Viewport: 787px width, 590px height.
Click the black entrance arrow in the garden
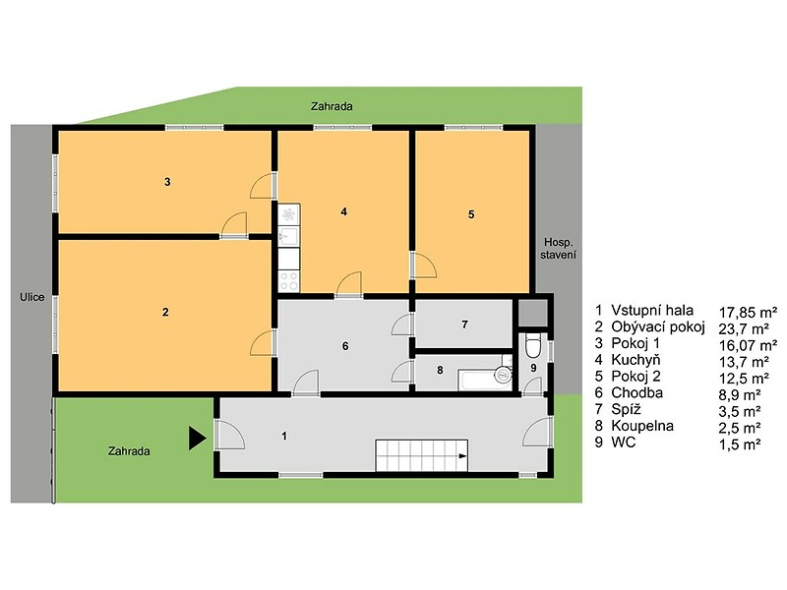tap(197, 438)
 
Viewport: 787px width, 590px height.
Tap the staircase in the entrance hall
tap(422, 456)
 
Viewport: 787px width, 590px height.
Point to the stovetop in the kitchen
tap(289, 281)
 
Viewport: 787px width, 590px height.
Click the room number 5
tap(471, 214)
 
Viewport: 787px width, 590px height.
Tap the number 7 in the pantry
tap(464, 324)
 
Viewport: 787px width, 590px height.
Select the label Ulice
tap(32, 297)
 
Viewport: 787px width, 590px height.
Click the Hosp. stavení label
tap(558, 249)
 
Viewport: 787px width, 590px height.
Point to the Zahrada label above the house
tap(332, 106)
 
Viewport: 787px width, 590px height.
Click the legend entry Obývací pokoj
tap(658, 326)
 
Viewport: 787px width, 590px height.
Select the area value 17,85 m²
tap(748, 313)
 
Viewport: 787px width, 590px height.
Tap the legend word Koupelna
tap(642, 426)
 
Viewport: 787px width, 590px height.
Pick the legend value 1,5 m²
tap(740, 444)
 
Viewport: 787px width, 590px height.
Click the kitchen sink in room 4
tap(289, 236)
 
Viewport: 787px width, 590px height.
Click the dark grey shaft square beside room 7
tap(532, 313)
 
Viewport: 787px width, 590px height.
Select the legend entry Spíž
tap(626, 409)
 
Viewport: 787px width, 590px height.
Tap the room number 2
tap(165, 312)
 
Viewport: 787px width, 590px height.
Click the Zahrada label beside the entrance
tap(129, 451)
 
